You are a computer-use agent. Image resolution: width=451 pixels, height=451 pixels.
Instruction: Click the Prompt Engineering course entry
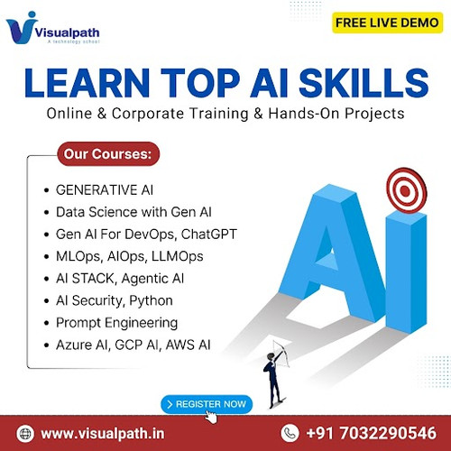(116, 322)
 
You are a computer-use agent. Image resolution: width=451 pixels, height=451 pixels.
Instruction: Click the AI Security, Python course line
(114, 300)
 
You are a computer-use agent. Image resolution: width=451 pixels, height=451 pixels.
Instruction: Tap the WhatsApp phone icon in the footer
(290, 432)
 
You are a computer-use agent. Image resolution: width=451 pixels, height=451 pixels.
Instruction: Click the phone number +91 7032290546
(371, 433)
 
